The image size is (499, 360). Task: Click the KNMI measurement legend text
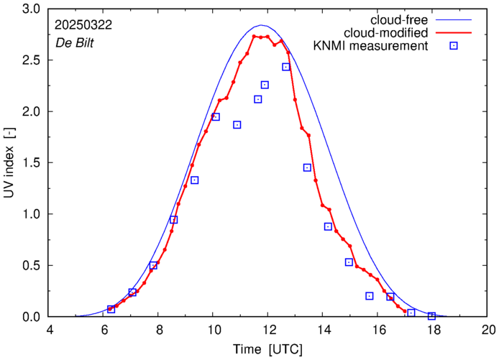pos(371,47)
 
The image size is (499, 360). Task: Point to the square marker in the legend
pos(454,47)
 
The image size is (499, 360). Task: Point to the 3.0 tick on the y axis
pos(32,9)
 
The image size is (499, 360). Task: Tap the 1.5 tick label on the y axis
pos(32,163)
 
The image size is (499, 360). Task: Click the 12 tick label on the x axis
pos(269,331)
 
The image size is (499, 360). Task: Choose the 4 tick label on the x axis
pos(50,331)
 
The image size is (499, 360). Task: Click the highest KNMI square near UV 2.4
pos(286,67)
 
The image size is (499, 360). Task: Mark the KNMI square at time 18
pos(432,316)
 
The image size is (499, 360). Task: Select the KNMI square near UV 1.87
pos(237,125)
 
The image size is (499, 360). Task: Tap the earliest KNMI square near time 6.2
pos(111,309)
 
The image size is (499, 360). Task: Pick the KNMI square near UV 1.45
pos(307,167)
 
